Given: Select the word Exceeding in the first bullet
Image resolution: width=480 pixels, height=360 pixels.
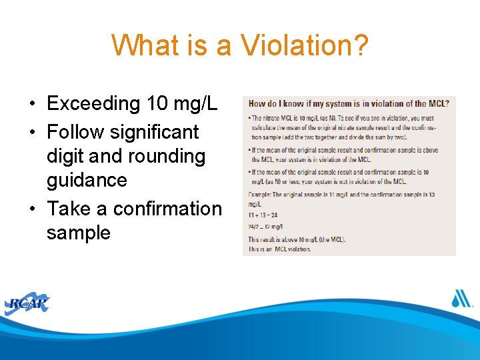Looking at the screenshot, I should tap(93, 103).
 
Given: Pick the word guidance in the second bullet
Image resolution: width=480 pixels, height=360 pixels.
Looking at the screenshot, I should tap(87, 180).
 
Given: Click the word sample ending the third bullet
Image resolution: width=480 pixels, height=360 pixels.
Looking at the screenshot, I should tap(79, 233).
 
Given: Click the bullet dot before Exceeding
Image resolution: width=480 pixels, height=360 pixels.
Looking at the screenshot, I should tap(32, 104).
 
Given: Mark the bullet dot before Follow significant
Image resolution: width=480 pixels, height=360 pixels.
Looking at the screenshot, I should tap(32, 133).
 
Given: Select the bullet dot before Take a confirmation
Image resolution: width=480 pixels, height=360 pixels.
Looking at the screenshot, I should tap(32, 209).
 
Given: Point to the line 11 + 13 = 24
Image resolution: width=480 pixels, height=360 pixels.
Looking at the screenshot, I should tap(264, 215).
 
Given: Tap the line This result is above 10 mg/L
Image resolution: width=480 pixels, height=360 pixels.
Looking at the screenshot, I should tap(297, 239).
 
